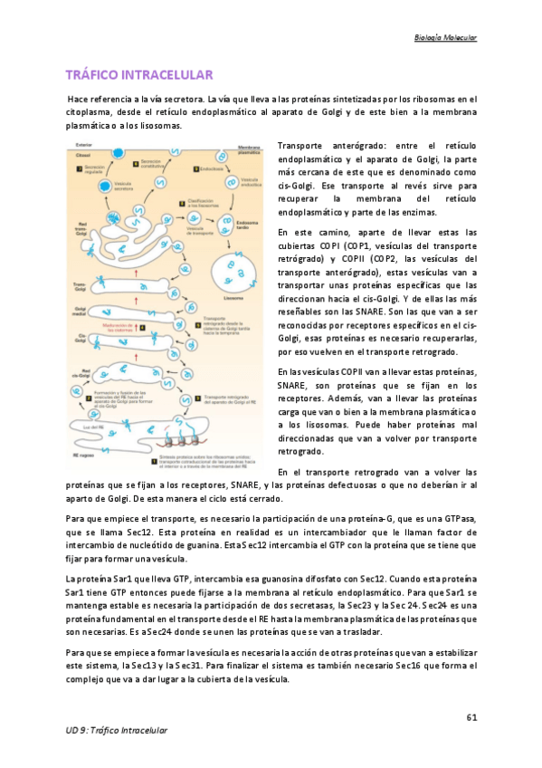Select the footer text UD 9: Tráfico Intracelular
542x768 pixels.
(117, 730)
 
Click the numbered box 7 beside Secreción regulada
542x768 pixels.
(80, 168)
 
